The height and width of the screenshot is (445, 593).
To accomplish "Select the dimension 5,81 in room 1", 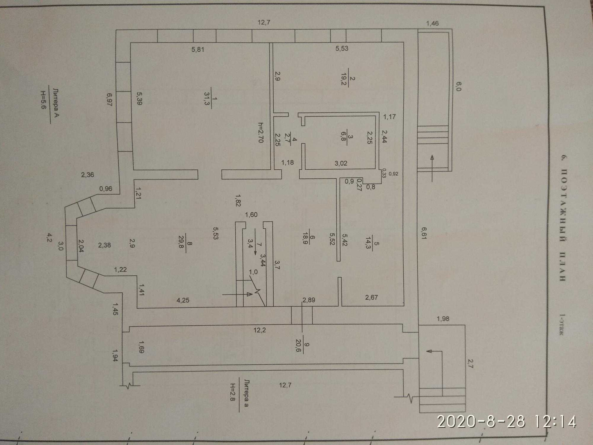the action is [198, 49].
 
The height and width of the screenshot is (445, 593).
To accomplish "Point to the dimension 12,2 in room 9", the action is [259, 330].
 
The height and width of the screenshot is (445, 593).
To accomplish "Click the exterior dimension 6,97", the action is [109, 100].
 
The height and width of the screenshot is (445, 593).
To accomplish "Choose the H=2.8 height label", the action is [233, 392].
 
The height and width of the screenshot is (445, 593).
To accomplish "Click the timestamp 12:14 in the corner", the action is [555, 422].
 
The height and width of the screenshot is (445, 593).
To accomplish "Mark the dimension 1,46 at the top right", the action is [432, 23].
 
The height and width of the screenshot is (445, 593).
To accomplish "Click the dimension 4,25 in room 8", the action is [183, 300].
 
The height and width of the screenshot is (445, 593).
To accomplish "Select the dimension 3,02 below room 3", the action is [341, 163].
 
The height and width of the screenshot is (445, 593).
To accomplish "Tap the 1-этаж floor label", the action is [562, 324].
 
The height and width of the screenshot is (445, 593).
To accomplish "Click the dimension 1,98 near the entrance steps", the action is [443, 319].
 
